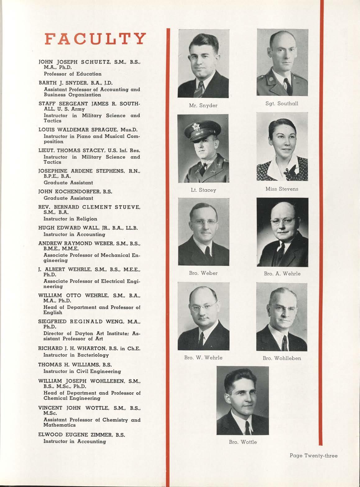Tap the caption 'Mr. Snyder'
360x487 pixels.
coord(203,106)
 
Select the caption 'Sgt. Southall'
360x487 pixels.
coord(282,103)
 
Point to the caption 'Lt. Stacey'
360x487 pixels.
coord(203,190)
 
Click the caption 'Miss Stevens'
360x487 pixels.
coord(282,189)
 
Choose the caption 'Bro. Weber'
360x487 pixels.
coord(203,273)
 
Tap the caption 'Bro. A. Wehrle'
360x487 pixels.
coord(282,274)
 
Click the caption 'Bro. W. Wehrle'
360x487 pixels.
coord(203,358)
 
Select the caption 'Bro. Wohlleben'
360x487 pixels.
coord(282,358)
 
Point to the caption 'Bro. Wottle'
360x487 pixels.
coord(243,442)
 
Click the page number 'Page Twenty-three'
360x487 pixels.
coord(313,456)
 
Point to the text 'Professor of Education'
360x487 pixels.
coord(72,74)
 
